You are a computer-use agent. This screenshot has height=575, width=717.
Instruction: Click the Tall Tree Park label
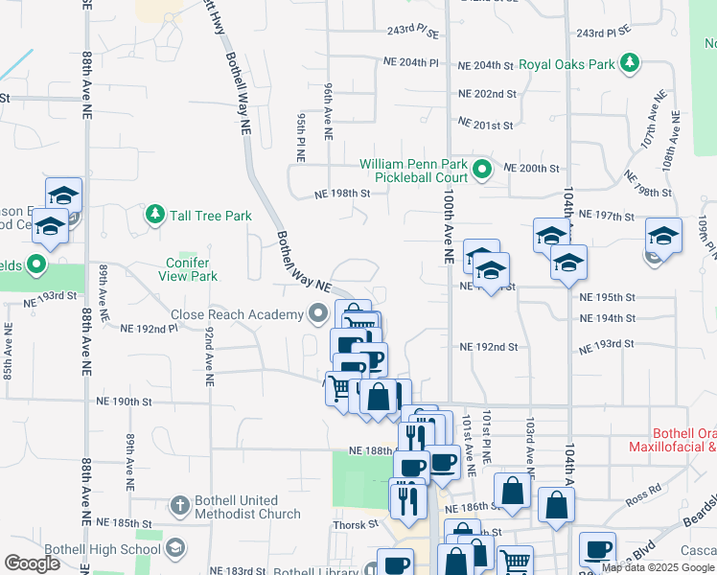[x=211, y=216]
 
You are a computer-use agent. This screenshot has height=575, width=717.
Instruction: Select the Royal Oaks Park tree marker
[x=630, y=64]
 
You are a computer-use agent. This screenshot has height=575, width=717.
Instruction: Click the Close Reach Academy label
[x=235, y=313]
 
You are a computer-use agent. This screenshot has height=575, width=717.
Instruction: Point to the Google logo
[x=32, y=563]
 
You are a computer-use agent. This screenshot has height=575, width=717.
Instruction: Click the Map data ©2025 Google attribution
[x=658, y=568]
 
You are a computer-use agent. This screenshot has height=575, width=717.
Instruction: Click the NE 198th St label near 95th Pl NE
[x=342, y=194]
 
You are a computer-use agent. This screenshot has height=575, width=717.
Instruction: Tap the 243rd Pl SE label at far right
[x=602, y=33]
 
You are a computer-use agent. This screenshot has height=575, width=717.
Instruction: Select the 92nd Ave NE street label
[x=207, y=356]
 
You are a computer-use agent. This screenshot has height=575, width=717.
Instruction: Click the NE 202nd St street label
[x=487, y=94]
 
